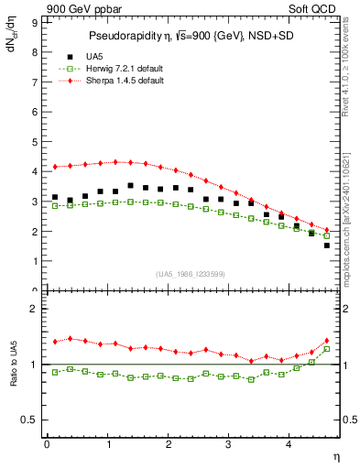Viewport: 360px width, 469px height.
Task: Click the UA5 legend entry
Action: click(x=93, y=57)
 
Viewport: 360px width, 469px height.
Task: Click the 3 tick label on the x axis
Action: click(x=229, y=444)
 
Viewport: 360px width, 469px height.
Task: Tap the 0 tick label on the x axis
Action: click(x=47, y=444)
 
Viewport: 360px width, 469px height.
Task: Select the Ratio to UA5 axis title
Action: click(x=13, y=376)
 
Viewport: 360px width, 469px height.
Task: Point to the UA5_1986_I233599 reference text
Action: click(x=191, y=275)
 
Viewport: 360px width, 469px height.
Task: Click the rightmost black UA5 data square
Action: click(x=326, y=245)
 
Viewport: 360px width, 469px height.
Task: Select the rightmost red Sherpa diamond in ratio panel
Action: click(x=326, y=341)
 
